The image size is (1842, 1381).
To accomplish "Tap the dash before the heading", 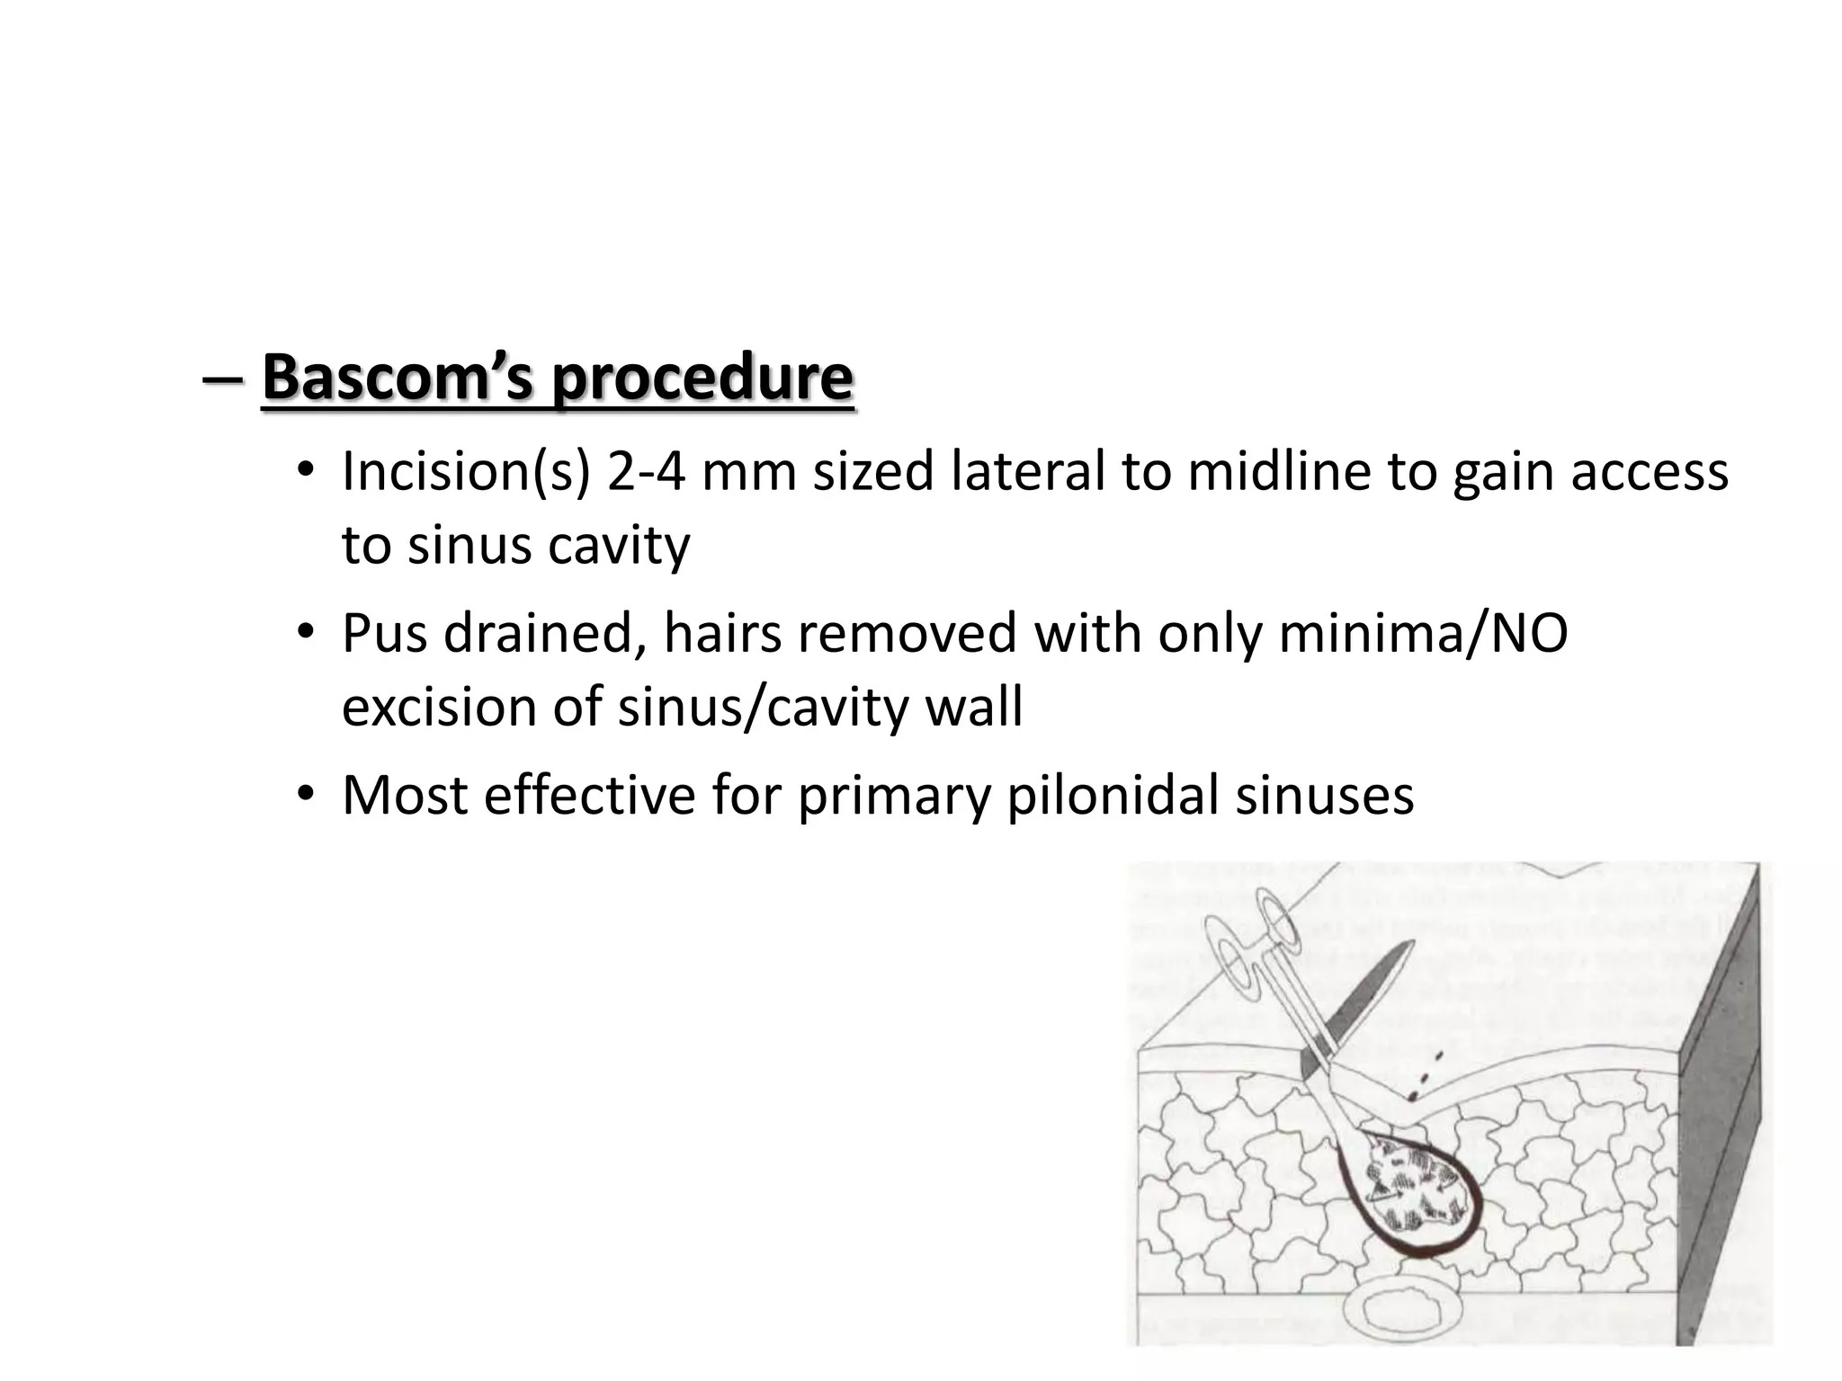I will coord(222,379).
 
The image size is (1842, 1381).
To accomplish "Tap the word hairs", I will coord(720,633).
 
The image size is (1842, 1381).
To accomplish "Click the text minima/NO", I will coord(1423,633).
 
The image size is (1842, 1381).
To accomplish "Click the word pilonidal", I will coord(1112,795).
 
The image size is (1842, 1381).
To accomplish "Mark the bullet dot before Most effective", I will coord(307,795).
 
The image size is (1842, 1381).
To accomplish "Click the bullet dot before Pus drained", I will coord(307,633).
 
